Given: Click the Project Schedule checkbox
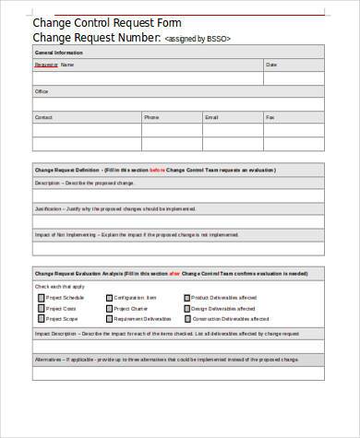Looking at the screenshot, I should click(41, 298).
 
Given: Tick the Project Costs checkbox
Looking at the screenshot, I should click(41, 308).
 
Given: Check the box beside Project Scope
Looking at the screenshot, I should click(41, 318).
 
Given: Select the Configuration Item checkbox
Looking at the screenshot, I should click(110, 298).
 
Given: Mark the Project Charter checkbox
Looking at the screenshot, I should click(110, 308).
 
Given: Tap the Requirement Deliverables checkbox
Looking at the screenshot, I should click(110, 318).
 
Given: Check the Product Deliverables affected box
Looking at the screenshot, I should click(187, 298).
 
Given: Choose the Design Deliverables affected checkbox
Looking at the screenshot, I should click(187, 308).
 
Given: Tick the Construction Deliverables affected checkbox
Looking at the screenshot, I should click(187, 318).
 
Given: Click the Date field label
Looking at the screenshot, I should click(271, 66).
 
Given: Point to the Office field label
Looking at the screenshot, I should click(42, 92).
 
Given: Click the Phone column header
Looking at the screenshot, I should click(151, 118).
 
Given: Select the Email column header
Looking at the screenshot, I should click(211, 118).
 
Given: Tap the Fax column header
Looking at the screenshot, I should click(270, 118).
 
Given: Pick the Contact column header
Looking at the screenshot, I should click(43, 118).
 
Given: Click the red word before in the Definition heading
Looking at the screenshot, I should click(183, 170).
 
